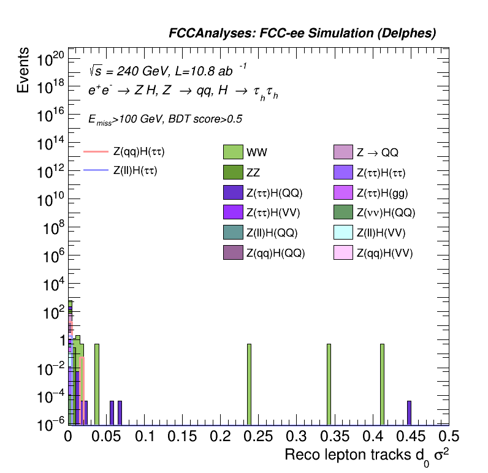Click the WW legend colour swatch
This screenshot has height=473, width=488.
pyautogui.click(x=234, y=152)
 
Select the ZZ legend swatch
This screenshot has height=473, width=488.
pyautogui.click(x=234, y=172)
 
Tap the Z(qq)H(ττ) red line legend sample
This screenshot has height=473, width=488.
pyautogui.click(x=95, y=151)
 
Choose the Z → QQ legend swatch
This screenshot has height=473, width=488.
pyautogui.click(x=344, y=152)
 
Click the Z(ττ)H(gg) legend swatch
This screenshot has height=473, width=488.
pyautogui.click(x=344, y=192)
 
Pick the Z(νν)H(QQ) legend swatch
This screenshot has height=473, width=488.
pyautogui.click(x=344, y=213)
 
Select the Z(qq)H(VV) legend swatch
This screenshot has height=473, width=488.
pyautogui.click(x=344, y=252)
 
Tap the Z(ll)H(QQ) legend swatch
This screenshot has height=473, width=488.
pyautogui.click(x=234, y=232)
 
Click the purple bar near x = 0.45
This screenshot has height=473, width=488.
pyautogui.click(x=409, y=412)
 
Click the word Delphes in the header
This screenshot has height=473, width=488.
pyautogui.click(x=411, y=34)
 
